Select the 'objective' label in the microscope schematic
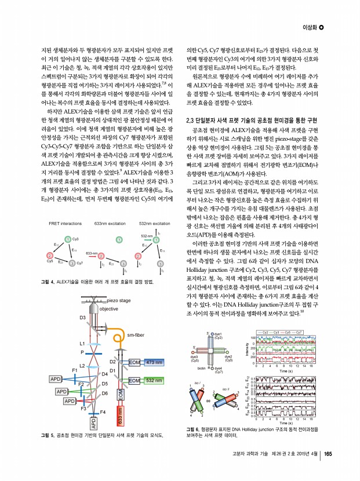point(108,309)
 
